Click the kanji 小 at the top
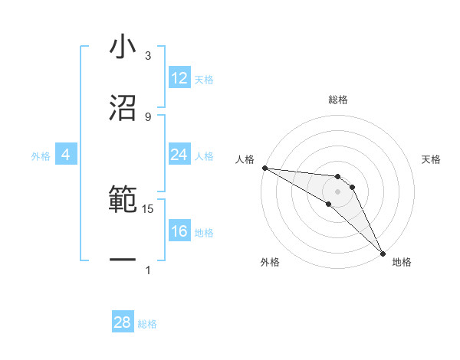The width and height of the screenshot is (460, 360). click(122, 47)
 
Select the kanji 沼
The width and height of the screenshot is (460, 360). click(122, 108)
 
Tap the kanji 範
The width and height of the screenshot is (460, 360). click(122, 201)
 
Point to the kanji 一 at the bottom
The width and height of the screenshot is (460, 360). click(122, 261)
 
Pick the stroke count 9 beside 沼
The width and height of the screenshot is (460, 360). click(148, 116)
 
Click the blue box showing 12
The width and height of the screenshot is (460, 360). click(179, 78)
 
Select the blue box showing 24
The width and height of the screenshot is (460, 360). click(179, 155)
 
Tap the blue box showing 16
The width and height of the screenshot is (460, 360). click(179, 231)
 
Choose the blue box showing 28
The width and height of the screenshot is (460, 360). click(123, 322)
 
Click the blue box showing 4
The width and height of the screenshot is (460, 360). click(66, 155)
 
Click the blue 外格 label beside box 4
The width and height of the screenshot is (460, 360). click(41, 155)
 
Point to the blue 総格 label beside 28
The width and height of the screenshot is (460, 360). click(148, 324)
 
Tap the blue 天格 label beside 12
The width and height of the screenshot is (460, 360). click(204, 79)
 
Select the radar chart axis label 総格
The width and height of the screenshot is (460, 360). click(338, 100)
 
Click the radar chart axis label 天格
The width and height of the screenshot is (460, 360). click(432, 159)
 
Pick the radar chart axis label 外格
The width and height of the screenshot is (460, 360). click(270, 262)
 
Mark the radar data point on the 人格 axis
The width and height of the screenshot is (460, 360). click(264, 168)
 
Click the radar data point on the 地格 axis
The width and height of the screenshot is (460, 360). click(383, 253)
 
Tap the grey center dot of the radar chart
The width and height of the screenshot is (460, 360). click(337, 191)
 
